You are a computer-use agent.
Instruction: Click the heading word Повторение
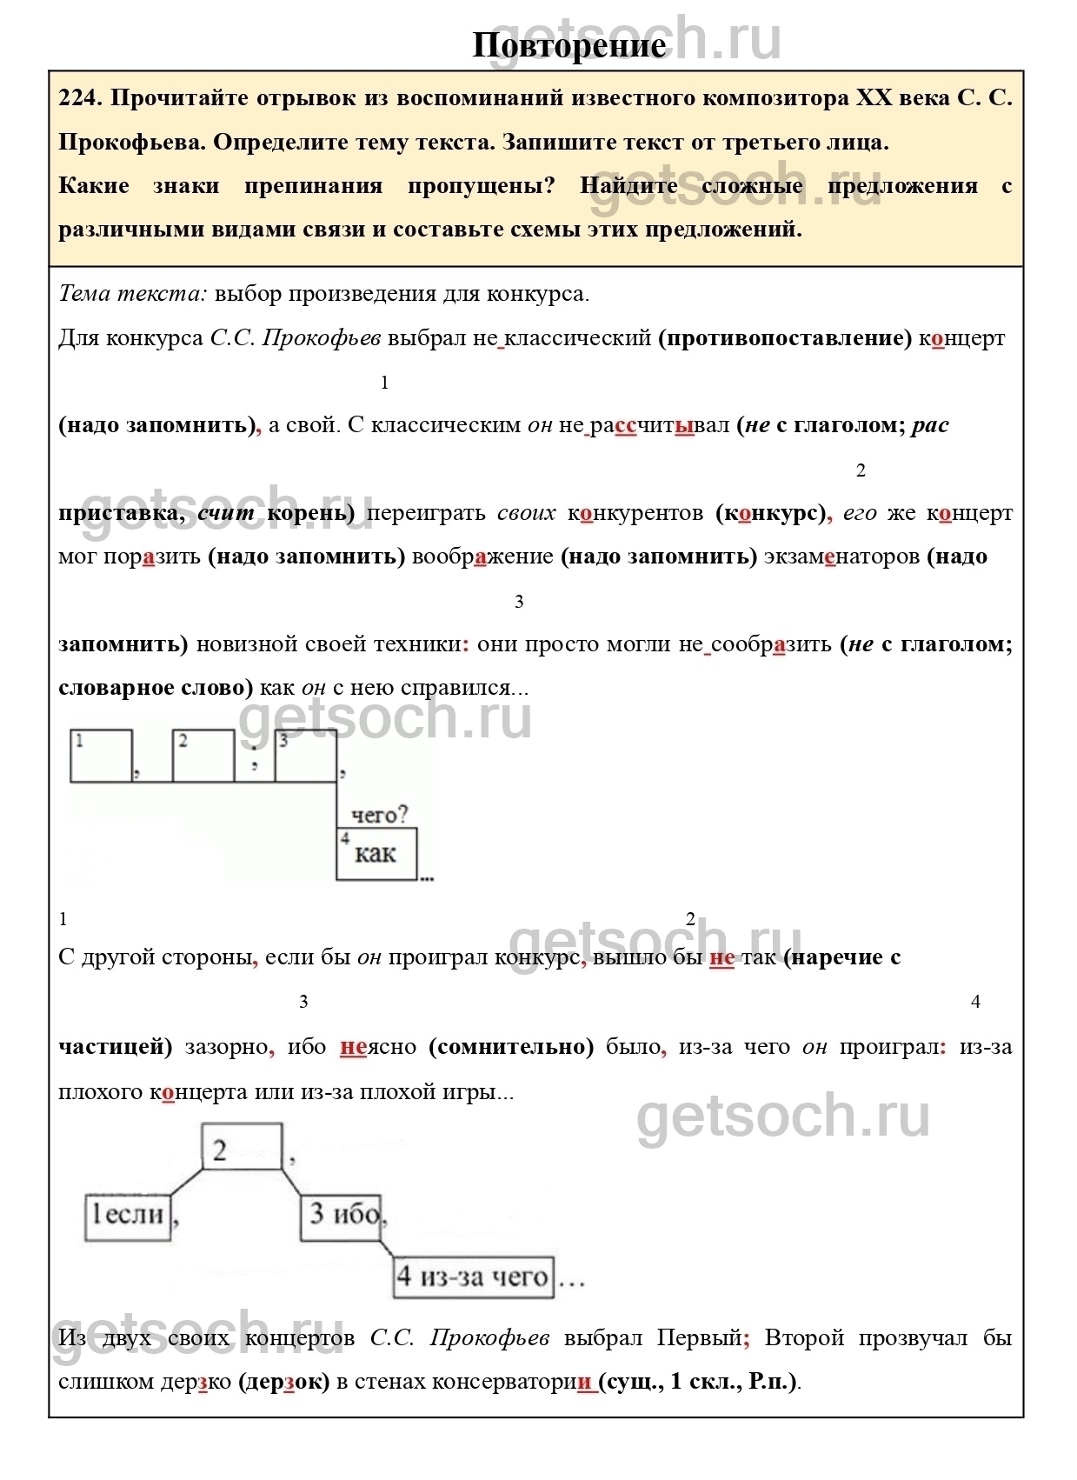coord(569,45)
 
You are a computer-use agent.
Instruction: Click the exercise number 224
coord(80,97)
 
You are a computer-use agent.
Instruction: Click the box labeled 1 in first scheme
coord(101,756)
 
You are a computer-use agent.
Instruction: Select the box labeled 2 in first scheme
coord(203,756)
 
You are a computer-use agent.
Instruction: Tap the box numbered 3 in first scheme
coord(306,756)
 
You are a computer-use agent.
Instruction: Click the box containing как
coord(376,854)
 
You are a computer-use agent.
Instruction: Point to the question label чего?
coord(379,815)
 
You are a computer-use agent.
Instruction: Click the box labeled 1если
coord(129,1215)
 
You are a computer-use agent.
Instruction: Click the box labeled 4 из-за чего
coord(474,1277)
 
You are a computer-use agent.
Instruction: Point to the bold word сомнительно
coord(511,1047)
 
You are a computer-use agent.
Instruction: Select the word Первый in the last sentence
coord(702,1337)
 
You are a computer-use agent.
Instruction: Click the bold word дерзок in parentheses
coord(283,1382)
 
